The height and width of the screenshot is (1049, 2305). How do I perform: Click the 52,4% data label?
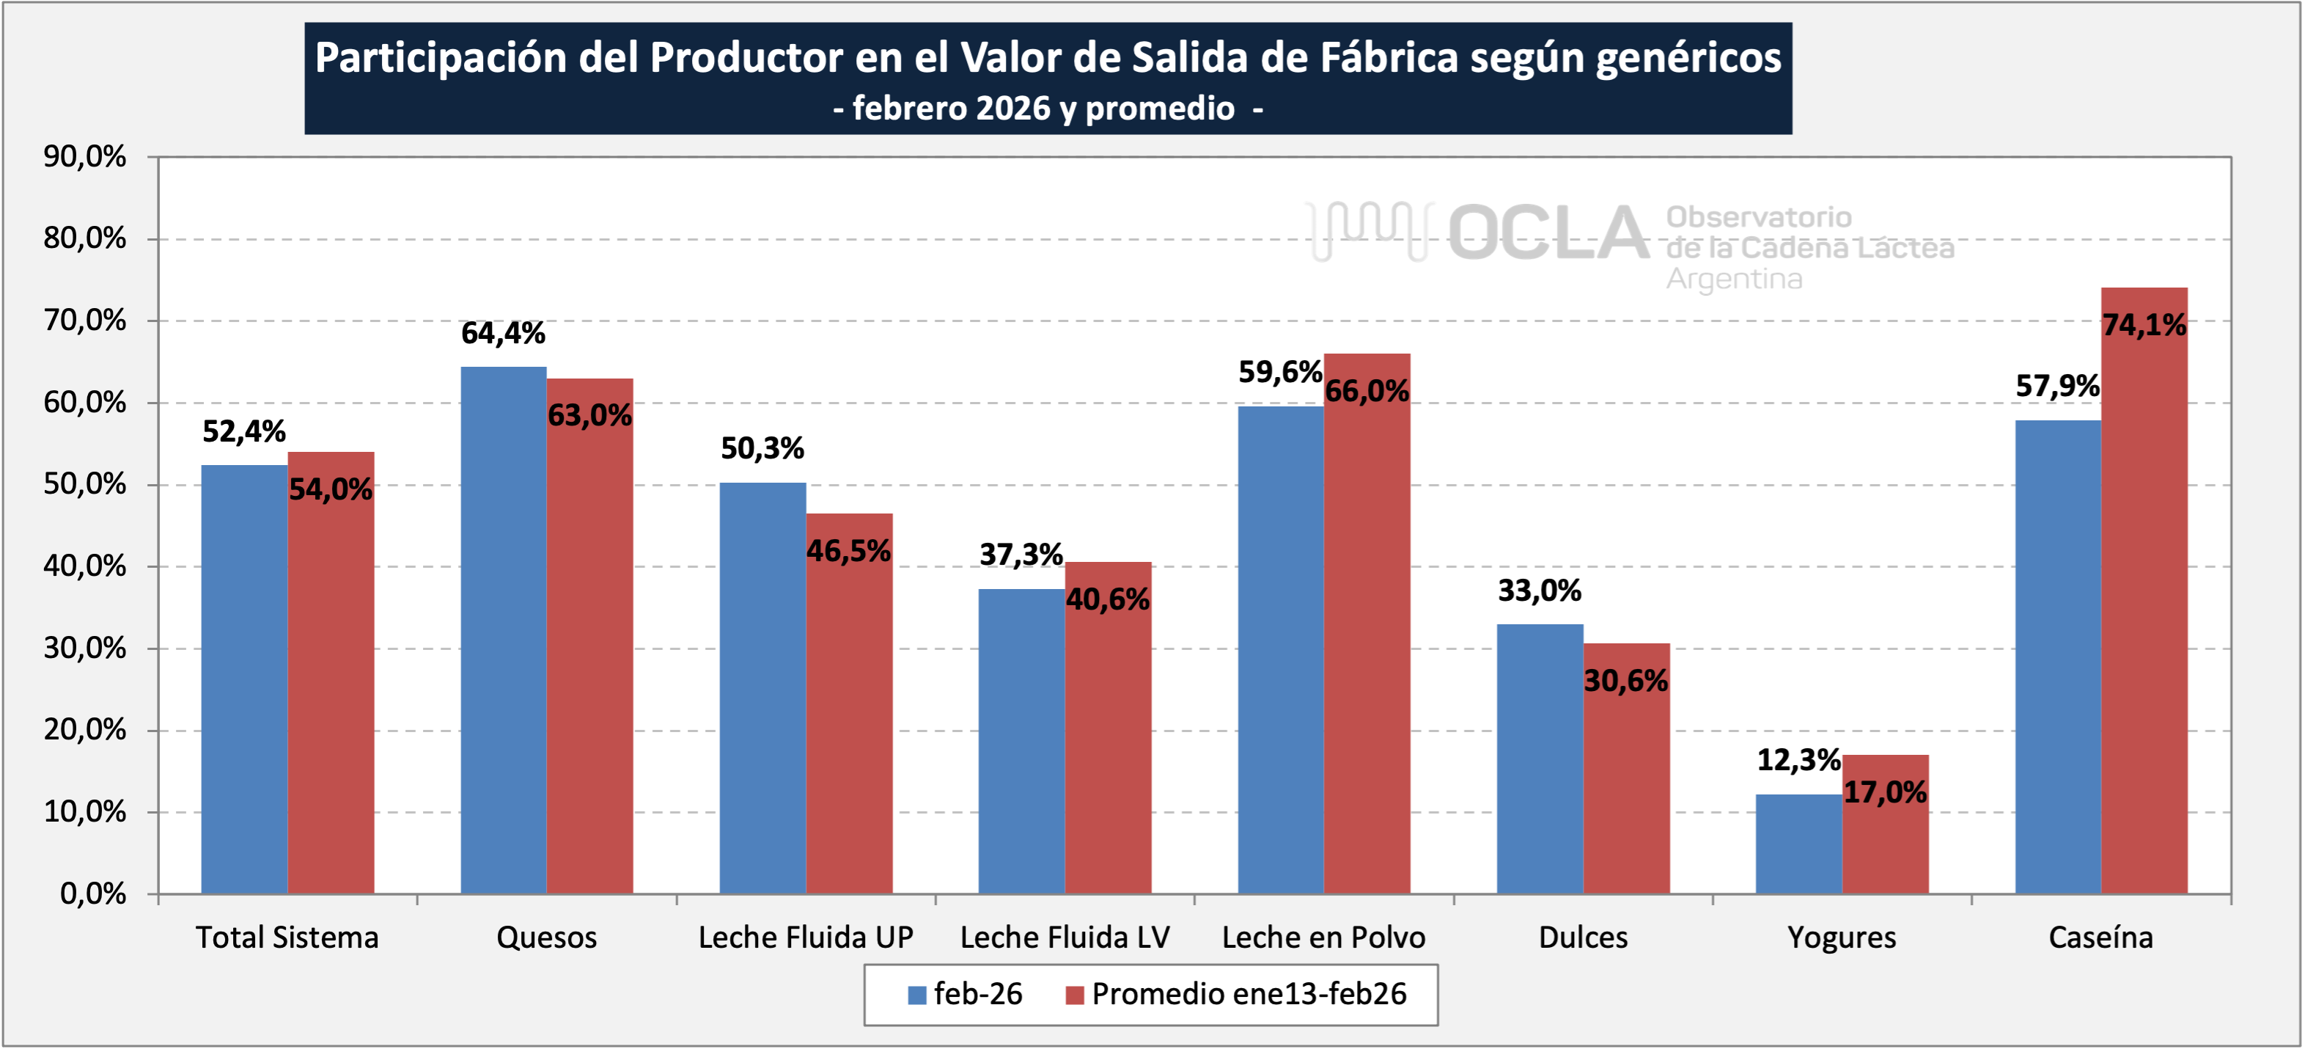pyautogui.click(x=243, y=431)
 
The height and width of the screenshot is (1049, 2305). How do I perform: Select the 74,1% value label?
pyautogui.click(x=2144, y=325)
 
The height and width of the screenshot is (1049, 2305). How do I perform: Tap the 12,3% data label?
pyautogui.click(x=1798, y=760)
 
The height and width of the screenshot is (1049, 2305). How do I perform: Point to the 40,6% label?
pyautogui.click(x=1108, y=599)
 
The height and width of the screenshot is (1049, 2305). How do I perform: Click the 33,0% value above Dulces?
pyautogui.click(x=1539, y=591)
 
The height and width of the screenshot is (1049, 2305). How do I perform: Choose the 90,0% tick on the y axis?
pyautogui.click(x=85, y=157)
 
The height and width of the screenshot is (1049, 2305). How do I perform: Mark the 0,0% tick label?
pyautogui.click(x=93, y=893)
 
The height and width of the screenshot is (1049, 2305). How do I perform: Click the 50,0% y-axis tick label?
pyautogui.click(x=85, y=484)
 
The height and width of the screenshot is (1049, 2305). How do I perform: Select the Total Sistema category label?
pyautogui.click(x=287, y=937)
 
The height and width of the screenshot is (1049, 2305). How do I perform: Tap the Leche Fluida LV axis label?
pyautogui.click(x=1065, y=937)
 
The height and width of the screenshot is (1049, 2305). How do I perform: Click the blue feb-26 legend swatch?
pyautogui.click(x=916, y=995)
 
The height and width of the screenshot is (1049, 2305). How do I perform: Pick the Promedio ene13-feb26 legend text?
pyautogui.click(x=1249, y=993)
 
